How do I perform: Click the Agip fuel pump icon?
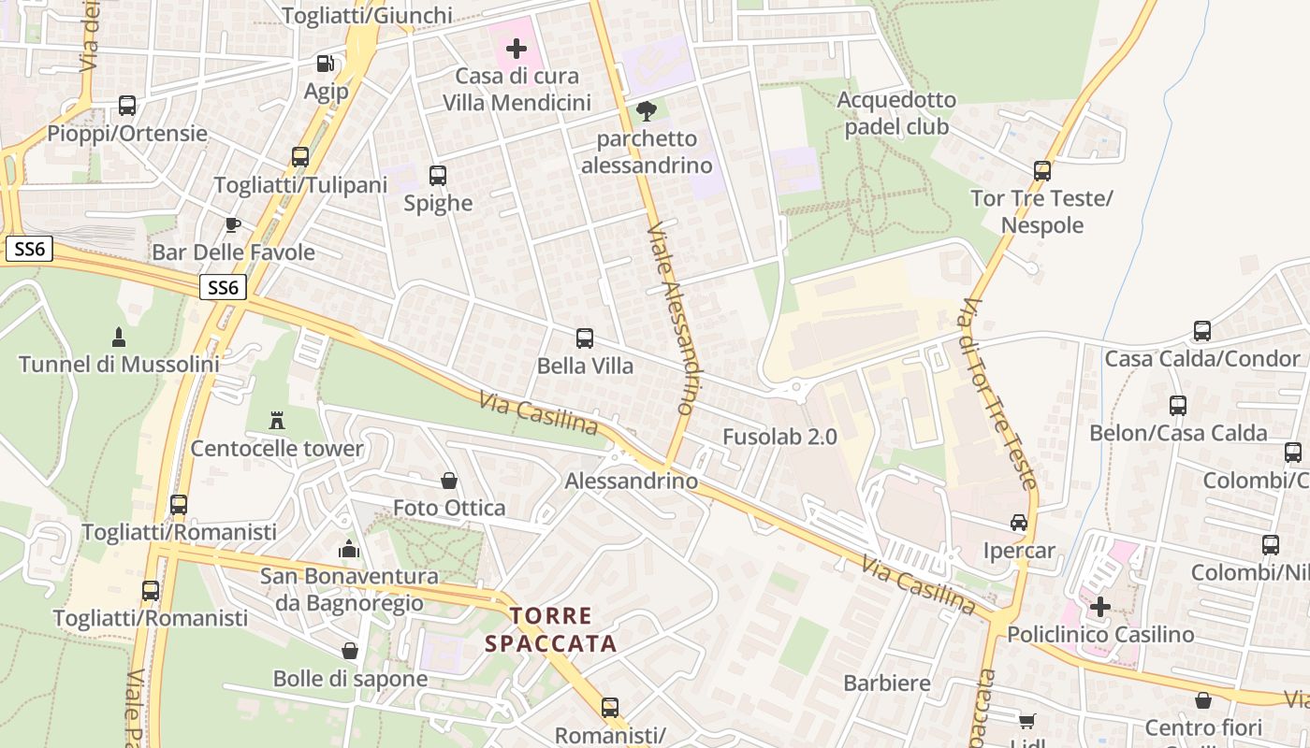[326, 64]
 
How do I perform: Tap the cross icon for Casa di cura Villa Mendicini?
[516, 48]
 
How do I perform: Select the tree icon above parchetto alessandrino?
[646, 111]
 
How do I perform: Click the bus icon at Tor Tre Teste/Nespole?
[1042, 171]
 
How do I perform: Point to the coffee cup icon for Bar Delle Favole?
[233, 224]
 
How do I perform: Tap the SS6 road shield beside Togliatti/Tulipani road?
[223, 288]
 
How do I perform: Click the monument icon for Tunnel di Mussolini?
[119, 336]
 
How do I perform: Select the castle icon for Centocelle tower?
[276, 420]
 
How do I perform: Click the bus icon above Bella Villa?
[585, 338]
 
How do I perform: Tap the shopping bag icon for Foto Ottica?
[449, 481]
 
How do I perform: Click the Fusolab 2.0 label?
[779, 437]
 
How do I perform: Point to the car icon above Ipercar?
[1019, 523]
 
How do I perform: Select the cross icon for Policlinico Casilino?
[1100, 607]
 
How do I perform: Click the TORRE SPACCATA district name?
[551, 629]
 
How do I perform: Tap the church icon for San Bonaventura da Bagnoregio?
[349, 549]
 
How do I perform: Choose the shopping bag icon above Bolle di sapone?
[350, 651]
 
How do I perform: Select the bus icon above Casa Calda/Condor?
[1202, 331]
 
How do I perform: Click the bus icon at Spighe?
[437, 175]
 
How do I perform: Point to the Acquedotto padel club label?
[896, 113]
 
